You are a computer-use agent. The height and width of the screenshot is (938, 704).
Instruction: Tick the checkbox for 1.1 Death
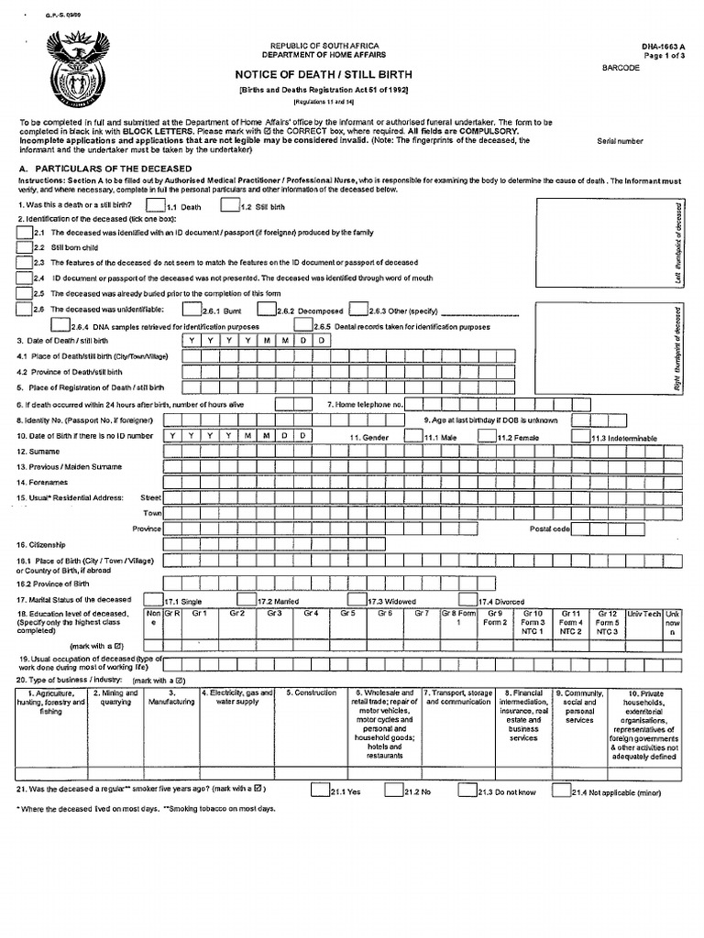[156, 206]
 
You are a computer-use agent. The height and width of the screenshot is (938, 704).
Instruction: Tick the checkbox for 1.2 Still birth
[231, 206]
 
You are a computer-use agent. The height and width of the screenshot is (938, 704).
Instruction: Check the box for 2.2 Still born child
[25, 247]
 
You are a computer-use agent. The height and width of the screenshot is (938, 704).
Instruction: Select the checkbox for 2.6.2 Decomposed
[267, 310]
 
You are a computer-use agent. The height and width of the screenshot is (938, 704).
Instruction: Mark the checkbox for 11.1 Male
[413, 437]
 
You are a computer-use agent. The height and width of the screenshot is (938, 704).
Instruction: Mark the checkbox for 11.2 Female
[487, 437]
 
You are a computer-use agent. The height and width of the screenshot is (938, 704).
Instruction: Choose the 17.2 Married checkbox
[249, 599]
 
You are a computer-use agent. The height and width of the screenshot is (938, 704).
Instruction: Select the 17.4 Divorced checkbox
[468, 599]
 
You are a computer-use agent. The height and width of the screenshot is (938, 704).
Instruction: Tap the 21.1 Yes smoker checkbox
[319, 789]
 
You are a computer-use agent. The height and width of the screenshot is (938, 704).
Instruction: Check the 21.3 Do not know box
[467, 789]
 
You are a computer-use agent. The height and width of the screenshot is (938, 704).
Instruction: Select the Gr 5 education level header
[346, 613]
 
